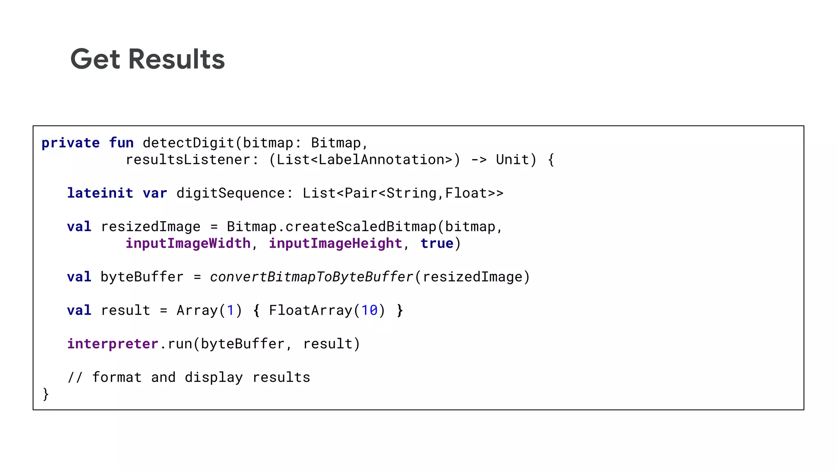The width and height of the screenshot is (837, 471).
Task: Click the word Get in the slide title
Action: pos(95,59)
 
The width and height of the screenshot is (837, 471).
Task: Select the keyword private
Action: pos(70,143)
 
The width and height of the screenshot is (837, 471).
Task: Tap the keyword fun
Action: pos(121,143)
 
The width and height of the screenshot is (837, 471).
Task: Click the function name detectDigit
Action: pos(188,143)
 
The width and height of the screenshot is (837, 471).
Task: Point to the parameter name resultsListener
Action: pos(188,159)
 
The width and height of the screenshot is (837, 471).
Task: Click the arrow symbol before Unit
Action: pos(479,159)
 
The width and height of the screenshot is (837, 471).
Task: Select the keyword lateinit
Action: pos(100,193)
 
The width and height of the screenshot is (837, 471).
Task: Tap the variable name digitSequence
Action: pos(231,193)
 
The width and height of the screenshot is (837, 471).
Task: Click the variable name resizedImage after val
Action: pos(150,227)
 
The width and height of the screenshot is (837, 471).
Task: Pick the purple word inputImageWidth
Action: pos(188,243)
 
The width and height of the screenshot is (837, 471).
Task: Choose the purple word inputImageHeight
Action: pos(336,243)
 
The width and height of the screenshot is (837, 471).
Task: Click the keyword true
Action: pos(437,243)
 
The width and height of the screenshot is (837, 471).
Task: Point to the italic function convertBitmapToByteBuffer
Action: pos(311,277)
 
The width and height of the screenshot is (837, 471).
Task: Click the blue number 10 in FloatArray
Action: pos(369,310)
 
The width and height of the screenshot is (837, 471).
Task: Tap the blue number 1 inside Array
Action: pos(231,310)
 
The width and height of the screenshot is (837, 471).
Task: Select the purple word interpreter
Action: pos(112,344)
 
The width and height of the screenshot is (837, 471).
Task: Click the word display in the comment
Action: pos(214,377)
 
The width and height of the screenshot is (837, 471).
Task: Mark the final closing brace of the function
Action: pos(45,394)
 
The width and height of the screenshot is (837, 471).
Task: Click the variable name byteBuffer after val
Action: pos(142,277)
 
